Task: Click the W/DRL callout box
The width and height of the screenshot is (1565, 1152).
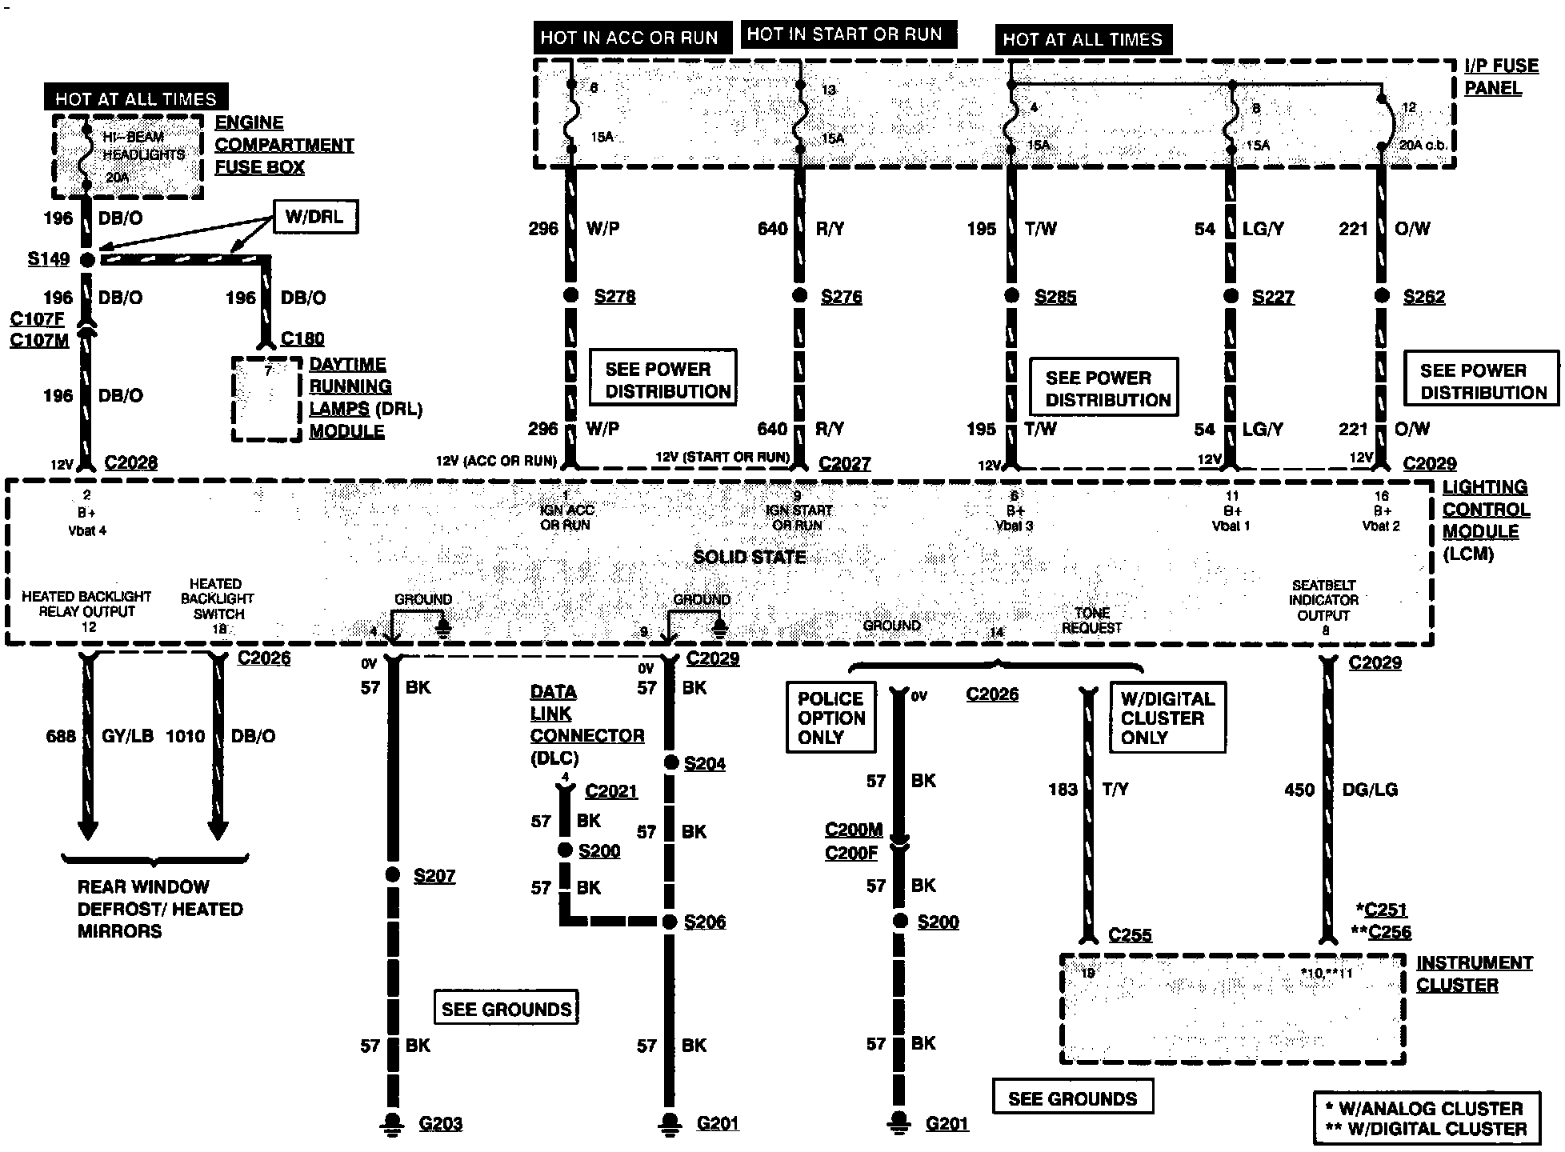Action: point(315,216)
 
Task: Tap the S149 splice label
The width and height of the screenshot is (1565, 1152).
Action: point(49,259)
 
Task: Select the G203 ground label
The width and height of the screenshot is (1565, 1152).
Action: point(440,1123)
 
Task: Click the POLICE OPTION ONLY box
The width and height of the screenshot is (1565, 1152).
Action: point(831,718)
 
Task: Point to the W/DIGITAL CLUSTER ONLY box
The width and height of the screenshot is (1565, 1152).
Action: point(1167,718)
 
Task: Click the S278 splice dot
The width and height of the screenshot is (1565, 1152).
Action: point(570,295)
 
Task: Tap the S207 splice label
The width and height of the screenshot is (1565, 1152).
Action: point(434,876)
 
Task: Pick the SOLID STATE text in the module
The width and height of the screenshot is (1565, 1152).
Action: point(749,558)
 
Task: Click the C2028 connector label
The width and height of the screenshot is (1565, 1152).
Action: point(131,462)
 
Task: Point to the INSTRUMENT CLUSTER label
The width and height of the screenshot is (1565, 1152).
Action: point(1474,974)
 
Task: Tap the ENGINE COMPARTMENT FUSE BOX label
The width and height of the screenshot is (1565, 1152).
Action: point(283,145)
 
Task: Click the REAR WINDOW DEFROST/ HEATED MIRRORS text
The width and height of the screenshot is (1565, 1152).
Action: point(159,909)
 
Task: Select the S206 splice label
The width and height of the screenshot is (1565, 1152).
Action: point(705,922)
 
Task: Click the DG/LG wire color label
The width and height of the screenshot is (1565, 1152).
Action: point(1370,790)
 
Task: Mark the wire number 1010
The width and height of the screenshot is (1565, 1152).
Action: point(186,736)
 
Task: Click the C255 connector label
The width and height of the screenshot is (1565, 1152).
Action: point(1130,934)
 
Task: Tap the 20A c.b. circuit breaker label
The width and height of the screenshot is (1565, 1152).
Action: point(1422,145)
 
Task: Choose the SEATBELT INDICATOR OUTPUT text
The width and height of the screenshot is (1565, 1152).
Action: point(1323,600)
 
